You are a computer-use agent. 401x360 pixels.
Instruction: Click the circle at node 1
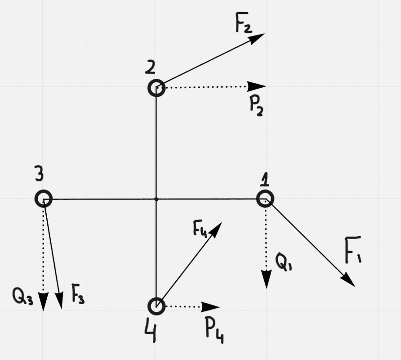[x=265, y=198]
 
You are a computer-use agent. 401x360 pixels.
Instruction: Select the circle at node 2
[x=156, y=88]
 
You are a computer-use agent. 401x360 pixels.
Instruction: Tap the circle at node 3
[x=44, y=198]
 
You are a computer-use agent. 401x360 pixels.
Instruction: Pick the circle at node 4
[x=156, y=306]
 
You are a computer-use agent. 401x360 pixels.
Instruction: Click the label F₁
[x=353, y=250]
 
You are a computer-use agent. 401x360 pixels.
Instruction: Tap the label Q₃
[x=23, y=297]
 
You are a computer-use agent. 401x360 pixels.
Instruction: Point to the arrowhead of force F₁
[x=349, y=281]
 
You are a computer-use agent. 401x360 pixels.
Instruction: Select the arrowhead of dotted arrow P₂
[x=258, y=86]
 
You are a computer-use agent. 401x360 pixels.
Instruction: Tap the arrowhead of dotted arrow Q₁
[x=266, y=280]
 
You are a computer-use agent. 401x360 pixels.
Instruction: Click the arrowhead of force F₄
[x=216, y=228]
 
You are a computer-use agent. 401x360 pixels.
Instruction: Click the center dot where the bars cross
[x=156, y=198]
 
